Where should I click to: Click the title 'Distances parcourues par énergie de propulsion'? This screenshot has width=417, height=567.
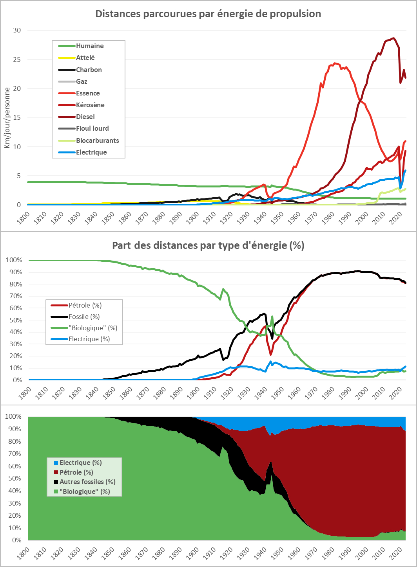click(208, 14)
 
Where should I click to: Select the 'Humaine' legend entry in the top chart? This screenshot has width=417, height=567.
click(90, 46)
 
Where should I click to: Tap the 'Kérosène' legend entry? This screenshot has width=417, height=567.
click(90, 105)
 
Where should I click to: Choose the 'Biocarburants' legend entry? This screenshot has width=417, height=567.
click(97, 140)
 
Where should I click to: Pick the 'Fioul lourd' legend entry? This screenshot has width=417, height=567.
click(92, 128)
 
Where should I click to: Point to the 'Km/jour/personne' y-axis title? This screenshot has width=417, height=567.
click(7, 117)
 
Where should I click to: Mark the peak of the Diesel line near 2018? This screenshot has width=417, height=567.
click(393, 38)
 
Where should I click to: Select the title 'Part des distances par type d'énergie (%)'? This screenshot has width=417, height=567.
click(208, 246)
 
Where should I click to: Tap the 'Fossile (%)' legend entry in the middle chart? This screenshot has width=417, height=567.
click(84, 317)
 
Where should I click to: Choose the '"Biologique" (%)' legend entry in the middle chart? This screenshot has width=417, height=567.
click(93, 328)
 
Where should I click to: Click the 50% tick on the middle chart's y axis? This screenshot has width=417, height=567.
click(14, 320)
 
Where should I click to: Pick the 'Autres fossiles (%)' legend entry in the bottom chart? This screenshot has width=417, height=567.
click(87, 482)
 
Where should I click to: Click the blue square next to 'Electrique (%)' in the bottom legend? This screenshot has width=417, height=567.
click(56, 463)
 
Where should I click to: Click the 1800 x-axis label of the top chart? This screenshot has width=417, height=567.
click(24, 218)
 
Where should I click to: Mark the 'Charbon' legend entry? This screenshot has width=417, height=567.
click(89, 70)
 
